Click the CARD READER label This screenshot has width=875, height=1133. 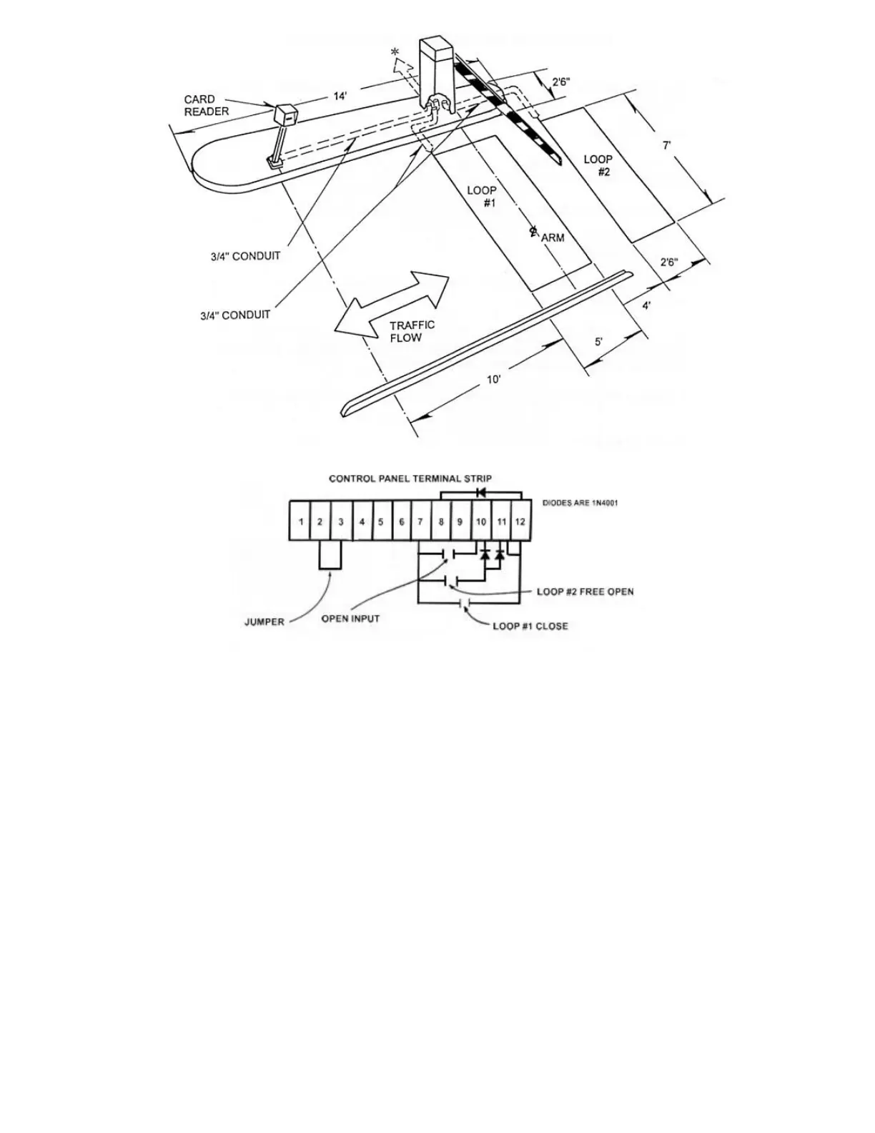[x=207, y=105]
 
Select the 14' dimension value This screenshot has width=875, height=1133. [x=340, y=96]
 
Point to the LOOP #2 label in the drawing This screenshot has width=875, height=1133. [x=598, y=165]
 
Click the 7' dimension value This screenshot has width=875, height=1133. [x=666, y=145]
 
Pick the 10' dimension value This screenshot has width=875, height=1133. [x=494, y=380]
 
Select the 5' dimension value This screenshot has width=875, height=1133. [x=599, y=342]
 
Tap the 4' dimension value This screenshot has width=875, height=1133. [x=646, y=306]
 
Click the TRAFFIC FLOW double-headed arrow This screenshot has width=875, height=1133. [x=393, y=303]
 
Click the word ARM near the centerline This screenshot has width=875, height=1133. [x=553, y=237]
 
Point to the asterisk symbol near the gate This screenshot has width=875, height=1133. [x=394, y=52]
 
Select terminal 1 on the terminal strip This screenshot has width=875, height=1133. [x=301, y=521]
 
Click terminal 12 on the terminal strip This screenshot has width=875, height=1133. [x=520, y=521]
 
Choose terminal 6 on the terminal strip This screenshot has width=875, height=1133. [x=402, y=521]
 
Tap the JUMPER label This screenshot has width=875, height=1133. [x=265, y=622]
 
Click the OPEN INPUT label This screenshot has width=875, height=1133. [x=350, y=619]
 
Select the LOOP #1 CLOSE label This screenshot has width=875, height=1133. [x=530, y=626]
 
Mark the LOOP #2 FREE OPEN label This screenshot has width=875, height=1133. [x=585, y=592]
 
